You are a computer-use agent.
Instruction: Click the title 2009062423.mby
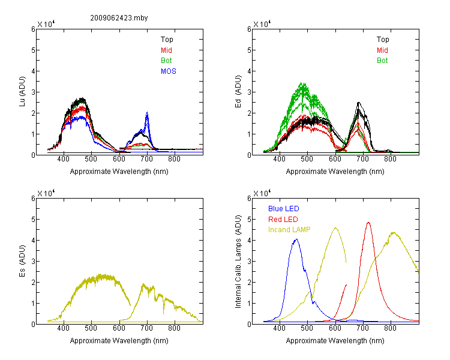tap(119, 18)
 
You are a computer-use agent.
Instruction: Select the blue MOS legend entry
tap(169, 71)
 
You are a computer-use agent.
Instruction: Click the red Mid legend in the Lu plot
tap(166, 50)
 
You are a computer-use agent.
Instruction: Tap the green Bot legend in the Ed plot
tap(382, 61)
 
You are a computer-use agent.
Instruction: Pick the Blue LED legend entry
tap(284, 209)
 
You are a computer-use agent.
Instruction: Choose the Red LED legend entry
tap(283, 220)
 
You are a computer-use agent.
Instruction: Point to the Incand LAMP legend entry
tap(289, 230)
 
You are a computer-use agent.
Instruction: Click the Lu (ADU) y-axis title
tap(22, 92)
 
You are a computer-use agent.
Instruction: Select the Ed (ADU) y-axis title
tap(238, 92)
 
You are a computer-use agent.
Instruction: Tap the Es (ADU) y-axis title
tap(22, 261)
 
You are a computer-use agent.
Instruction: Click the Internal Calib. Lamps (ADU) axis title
tap(238, 262)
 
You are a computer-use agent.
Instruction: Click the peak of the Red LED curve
tap(368, 223)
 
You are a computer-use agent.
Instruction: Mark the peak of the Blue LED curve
tap(297, 239)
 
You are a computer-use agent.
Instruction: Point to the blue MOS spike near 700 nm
tap(147, 113)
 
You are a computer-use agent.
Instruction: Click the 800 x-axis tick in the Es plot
tap(174, 328)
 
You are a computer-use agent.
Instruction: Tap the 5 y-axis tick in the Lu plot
tap(33, 50)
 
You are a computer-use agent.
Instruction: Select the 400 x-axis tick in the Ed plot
tap(279, 159)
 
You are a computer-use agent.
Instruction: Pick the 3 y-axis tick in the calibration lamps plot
tap(249, 262)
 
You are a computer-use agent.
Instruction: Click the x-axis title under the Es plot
tap(119, 341)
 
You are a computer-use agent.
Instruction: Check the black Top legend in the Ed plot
tap(383, 40)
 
